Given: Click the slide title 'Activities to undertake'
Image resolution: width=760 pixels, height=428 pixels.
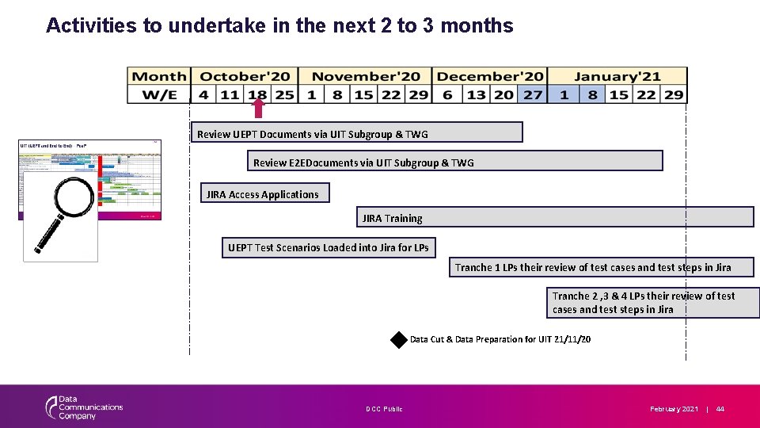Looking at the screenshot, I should click(279, 25).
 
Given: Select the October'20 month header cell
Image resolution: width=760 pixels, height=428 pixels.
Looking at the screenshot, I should click(245, 77).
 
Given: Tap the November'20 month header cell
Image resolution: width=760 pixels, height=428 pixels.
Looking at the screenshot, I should click(365, 77).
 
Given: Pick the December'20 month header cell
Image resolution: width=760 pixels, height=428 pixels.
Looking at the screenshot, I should click(490, 77).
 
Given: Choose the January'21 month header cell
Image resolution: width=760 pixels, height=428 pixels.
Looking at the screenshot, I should click(617, 77).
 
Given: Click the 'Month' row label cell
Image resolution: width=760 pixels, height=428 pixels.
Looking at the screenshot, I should click(159, 77).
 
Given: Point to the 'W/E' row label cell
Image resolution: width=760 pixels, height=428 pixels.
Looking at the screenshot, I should click(159, 94).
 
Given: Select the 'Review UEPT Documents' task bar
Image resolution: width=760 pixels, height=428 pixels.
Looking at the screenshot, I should click(356, 132).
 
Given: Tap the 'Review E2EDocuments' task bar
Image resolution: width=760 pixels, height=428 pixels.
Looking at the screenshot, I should click(454, 161).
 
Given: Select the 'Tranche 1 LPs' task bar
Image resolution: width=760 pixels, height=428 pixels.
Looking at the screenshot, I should click(602, 267).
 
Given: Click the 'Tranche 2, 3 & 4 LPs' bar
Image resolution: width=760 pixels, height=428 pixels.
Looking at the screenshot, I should click(653, 303).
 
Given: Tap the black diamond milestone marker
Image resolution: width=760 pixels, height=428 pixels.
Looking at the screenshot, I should click(398, 339).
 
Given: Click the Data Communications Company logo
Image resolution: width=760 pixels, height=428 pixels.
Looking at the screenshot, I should click(84, 407).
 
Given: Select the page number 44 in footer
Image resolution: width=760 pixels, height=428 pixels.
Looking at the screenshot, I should click(720, 409).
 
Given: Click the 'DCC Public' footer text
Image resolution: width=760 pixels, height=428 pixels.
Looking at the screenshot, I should click(384, 409).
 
